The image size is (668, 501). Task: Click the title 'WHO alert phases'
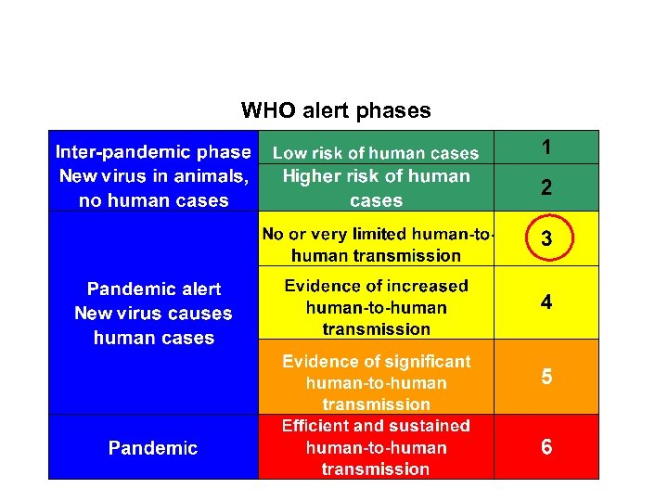click(336, 111)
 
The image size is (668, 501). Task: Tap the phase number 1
click(547, 147)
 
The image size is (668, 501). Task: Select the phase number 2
click(547, 187)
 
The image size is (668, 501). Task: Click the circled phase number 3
click(547, 239)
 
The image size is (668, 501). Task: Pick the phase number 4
click(547, 302)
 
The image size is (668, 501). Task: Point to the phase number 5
click(547, 377)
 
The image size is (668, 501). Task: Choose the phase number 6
click(547, 447)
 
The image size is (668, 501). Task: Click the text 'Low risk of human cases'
click(376, 153)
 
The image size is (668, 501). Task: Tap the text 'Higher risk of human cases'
click(376, 187)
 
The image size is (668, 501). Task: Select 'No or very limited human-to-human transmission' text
click(376, 245)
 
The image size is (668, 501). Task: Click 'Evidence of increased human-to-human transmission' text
click(376, 307)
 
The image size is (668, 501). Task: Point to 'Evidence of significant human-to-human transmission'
click(376, 382)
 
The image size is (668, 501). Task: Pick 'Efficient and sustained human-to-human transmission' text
click(376, 447)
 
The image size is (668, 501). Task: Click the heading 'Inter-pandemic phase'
click(153, 151)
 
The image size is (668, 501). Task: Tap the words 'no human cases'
click(153, 200)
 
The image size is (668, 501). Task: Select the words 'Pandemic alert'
click(153, 289)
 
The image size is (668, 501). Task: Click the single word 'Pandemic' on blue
click(153, 448)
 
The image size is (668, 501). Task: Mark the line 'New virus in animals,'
click(153, 176)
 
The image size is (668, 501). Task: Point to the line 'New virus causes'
click(153, 314)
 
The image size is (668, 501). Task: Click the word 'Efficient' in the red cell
click(315, 426)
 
